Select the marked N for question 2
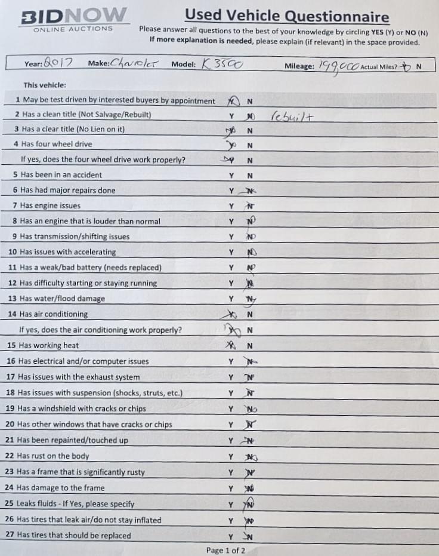tap(251, 115)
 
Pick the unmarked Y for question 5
tap(231, 176)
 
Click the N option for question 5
tap(250, 176)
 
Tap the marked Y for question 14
tap(230, 314)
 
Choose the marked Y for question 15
tap(230, 346)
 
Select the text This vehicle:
tap(45, 85)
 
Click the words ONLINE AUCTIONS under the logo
tap(73, 29)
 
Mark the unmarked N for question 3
tap(250, 131)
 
